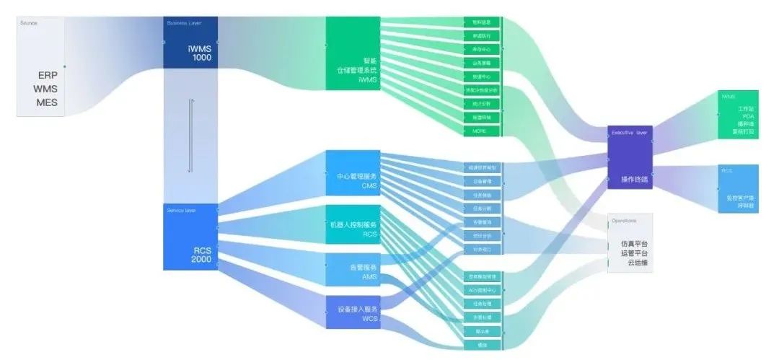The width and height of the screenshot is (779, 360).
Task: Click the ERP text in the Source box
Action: (x=48, y=75)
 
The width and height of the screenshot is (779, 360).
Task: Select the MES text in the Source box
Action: (x=47, y=102)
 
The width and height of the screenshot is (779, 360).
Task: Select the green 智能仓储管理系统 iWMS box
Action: (x=353, y=54)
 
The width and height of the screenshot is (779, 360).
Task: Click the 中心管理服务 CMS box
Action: (x=353, y=172)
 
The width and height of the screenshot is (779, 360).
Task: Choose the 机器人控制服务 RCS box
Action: (x=353, y=229)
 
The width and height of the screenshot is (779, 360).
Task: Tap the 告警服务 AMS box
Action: (x=353, y=271)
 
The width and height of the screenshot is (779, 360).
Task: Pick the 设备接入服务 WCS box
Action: (x=353, y=313)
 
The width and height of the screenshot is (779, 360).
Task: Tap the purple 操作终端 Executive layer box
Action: (x=630, y=157)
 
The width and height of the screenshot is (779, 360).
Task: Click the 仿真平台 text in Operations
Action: (x=635, y=244)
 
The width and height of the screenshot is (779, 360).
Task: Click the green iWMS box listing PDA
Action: (x=737, y=114)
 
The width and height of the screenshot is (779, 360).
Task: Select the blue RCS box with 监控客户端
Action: (x=737, y=188)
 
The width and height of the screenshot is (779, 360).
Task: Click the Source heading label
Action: (x=30, y=23)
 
